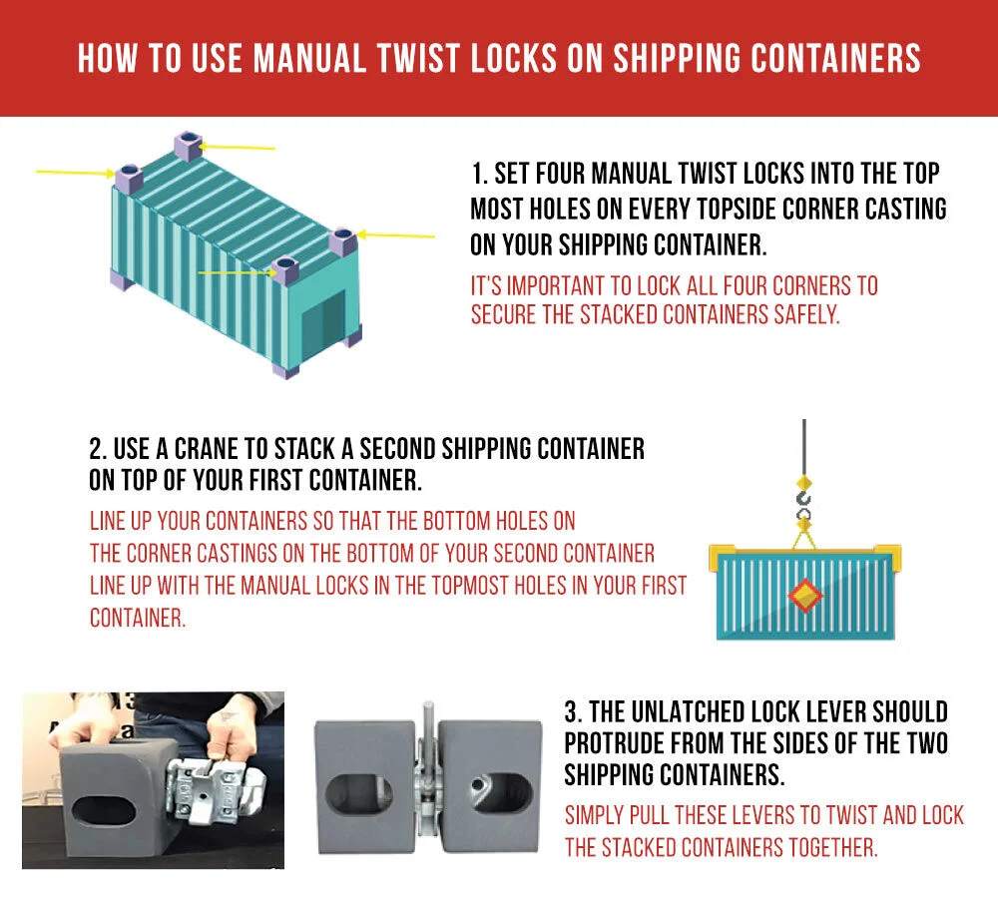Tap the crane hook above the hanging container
click(x=803, y=498)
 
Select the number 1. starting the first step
click(x=479, y=174)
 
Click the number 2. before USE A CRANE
click(x=97, y=448)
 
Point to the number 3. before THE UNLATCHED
click(x=572, y=712)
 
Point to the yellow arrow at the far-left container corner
click(x=74, y=173)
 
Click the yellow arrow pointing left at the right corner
click(x=397, y=235)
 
